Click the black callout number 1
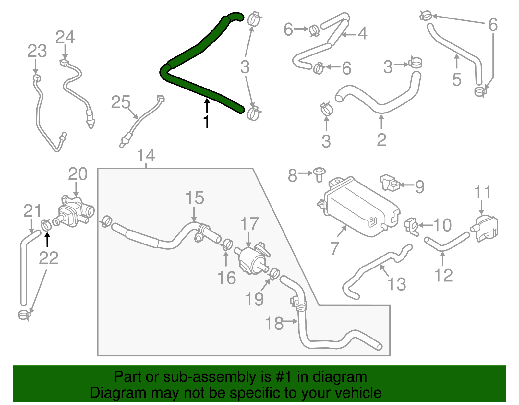(206, 122)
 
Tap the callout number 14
(146, 156)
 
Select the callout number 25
(121, 102)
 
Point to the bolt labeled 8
(320, 174)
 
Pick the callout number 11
(483, 193)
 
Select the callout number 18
(274, 323)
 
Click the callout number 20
(78, 174)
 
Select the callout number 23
(37, 51)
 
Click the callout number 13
(397, 284)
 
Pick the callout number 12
(443, 275)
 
